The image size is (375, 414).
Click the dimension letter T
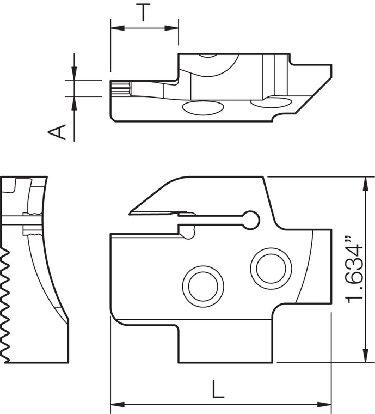[143, 12]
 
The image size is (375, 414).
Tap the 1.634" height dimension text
[354, 271]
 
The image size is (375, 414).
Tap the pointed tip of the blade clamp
[131, 212]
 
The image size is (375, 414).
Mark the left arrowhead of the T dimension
[114, 27]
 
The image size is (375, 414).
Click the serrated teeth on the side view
[7, 305]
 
